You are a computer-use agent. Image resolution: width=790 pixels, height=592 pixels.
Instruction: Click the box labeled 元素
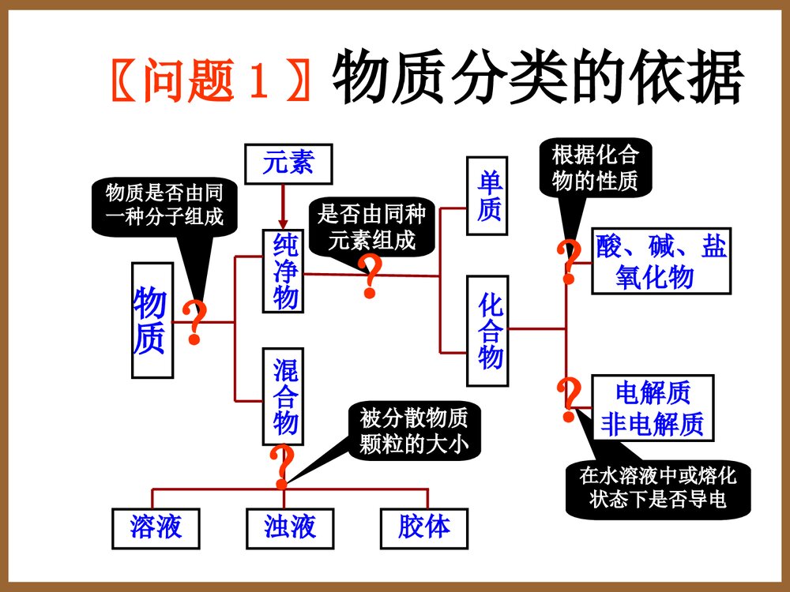coord(288,163)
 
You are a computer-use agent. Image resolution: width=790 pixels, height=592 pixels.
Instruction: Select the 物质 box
coord(151,320)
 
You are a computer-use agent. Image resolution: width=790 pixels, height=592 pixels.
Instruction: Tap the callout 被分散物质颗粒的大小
coord(414,431)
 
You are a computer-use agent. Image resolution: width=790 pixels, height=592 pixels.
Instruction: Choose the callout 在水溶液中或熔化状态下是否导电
coord(657,488)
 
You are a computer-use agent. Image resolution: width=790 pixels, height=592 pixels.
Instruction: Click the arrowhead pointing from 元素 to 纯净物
coord(282,223)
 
